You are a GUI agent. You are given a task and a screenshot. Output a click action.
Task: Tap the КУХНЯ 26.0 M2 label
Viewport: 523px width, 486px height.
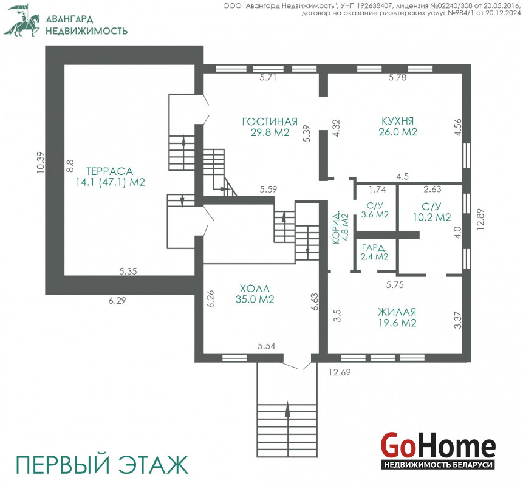pyautogui.click(x=398, y=126)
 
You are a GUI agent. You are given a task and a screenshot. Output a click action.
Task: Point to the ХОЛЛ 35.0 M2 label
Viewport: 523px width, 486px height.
pyautogui.click(x=255, y=293)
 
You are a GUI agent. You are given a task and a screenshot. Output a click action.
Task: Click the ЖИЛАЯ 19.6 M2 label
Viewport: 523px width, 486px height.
pyautogui.click(x=397, y=317)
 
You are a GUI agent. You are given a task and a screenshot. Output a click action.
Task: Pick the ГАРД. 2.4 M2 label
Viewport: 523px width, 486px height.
pyautogui.click(x=375, y=252)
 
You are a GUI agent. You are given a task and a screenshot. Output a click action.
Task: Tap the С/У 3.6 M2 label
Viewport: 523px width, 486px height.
pyautogui.click(x=375, y=210)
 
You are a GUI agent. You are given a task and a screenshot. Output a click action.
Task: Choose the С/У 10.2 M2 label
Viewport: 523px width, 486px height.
pyautogui.click(x=432, y=212)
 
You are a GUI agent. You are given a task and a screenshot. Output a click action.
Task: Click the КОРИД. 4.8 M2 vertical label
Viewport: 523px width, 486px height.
pyautogui.click(x=341, y=227)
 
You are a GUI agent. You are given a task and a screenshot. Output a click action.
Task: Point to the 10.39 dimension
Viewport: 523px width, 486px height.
pyautogui.click(x=40, y=162)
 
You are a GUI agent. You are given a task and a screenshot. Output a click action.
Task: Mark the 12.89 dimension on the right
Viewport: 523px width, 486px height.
pyautogui.click(x=480, y=219)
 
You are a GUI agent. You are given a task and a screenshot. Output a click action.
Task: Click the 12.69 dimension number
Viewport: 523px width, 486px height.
pyautogui.click(x=340, y=372)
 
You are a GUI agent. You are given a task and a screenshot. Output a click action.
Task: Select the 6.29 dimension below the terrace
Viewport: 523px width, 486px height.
pyautogui.click(x=117, y=301)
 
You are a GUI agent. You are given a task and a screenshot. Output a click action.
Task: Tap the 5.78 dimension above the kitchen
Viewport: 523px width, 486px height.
pyautogui.click(x=398, y=77)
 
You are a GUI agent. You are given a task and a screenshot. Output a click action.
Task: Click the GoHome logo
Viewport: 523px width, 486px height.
pyautogui.click(x=438, y=450)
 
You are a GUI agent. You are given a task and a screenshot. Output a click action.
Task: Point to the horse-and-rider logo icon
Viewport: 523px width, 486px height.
pyautogui.click(x=22, y=21)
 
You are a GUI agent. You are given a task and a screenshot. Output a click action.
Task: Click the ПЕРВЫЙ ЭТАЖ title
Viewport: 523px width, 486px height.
pyautogui.click(x=102, y=464)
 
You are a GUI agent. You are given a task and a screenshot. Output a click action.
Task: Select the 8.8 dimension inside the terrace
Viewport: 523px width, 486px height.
pyautogui.click(x=70, y=166)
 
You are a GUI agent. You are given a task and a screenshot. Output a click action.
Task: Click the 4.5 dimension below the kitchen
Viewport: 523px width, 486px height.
pyautogui.click(x=403, y=176)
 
